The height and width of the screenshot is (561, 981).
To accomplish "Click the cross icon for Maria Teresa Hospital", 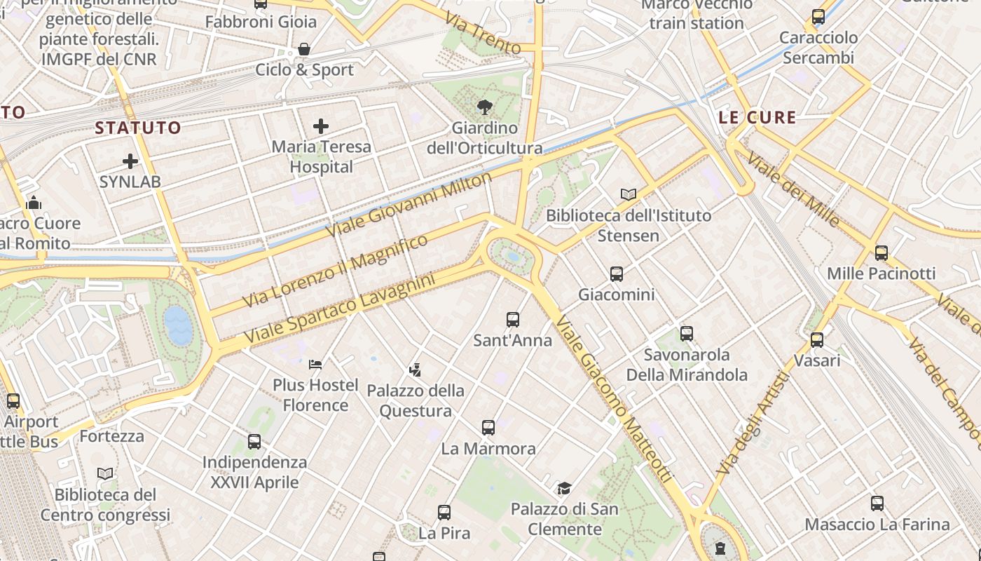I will (x=321, y=126).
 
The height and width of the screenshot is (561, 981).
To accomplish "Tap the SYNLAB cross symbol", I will (x=130, y=161).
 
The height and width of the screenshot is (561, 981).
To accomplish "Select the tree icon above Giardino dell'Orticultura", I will (x=484, y=107).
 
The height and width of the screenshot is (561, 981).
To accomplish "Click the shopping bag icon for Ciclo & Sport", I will (x=304, y=49).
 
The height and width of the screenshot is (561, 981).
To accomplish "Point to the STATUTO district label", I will (x=138, y=128).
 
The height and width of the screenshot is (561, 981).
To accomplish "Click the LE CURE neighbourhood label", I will (x=757, y=117).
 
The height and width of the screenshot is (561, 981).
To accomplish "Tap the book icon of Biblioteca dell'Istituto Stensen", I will (x=629, y=194).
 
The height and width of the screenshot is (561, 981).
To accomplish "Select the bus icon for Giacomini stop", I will (x=617, y=274).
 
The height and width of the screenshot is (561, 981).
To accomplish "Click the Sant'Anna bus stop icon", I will (x=513, y=320).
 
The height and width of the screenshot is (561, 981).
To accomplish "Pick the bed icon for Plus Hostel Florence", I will (x=315, y=364).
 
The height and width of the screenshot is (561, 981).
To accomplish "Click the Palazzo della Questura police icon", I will (x=415, y=370).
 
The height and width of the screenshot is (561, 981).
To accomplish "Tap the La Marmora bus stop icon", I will (x=488, y=427).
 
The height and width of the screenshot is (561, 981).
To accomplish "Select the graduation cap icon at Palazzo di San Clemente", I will (x=564, y=488).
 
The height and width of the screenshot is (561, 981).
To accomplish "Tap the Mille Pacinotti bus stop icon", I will (x=881, y=253).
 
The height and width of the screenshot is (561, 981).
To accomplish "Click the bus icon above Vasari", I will (x=817, y=340).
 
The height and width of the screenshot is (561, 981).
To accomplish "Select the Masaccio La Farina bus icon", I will (x=877, y=503).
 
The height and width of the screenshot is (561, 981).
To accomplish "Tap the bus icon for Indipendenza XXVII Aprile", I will (x=254, y=442).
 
